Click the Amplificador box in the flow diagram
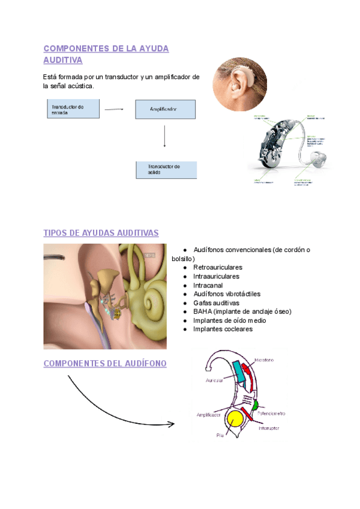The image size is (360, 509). (164, 109)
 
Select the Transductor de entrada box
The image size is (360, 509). (73, 109)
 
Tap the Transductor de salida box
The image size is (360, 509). (166, 169)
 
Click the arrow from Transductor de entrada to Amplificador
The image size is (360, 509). (113, 109)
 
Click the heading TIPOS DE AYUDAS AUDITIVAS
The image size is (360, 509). (101, 233)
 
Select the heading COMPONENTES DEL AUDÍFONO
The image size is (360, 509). (105, 364)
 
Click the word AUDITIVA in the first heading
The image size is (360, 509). (63, 60)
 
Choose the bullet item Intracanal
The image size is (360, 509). (208, 285)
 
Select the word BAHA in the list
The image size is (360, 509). (202, 312)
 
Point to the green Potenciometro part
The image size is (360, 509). (254, 405)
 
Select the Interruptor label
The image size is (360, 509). (268, 428)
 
